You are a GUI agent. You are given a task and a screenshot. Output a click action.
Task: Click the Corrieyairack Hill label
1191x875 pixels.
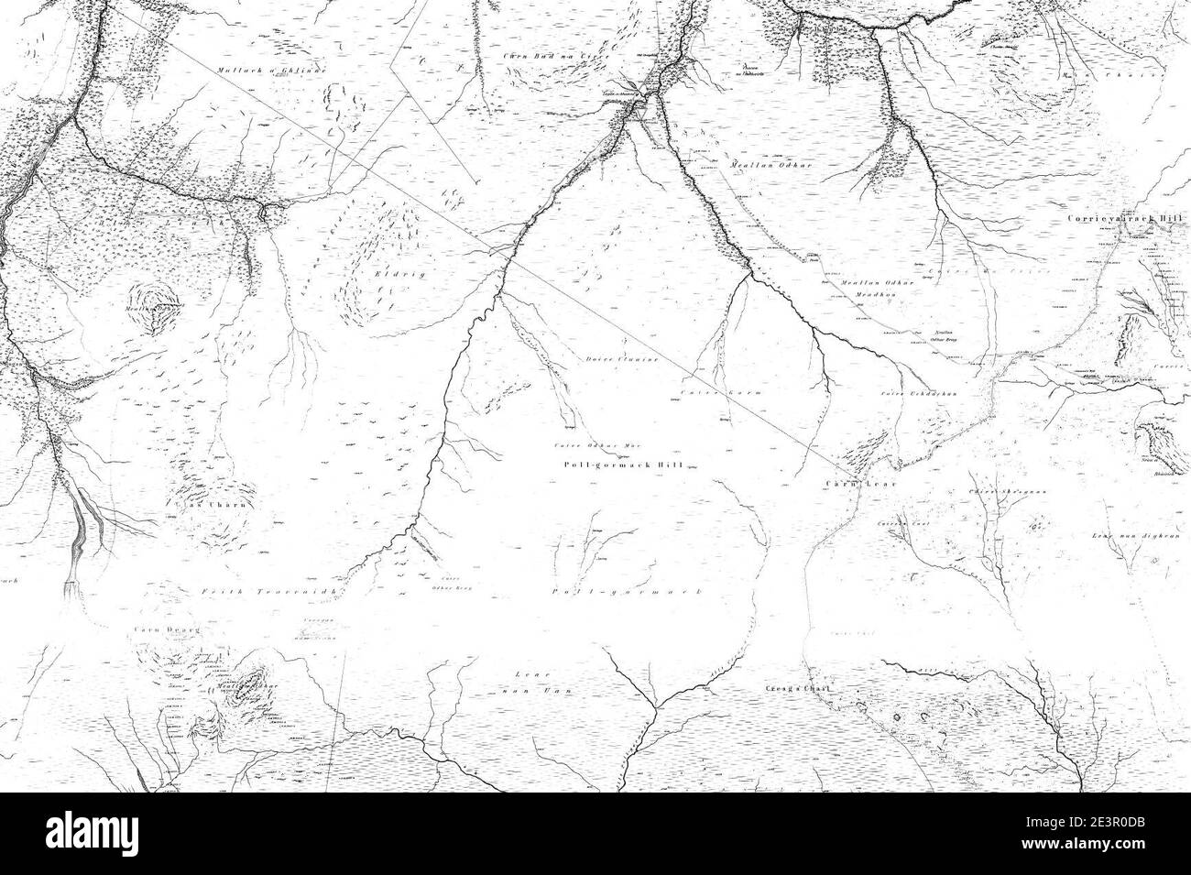click(1127, 220)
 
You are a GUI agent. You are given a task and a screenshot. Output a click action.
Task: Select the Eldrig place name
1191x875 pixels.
click(389, 273)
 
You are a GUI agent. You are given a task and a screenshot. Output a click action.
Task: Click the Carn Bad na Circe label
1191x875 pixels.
click(544, 57)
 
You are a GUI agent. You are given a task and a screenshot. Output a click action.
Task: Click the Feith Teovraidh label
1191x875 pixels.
click(257, 593)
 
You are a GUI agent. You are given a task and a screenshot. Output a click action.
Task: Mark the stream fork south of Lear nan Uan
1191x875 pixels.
click(656, 705)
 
